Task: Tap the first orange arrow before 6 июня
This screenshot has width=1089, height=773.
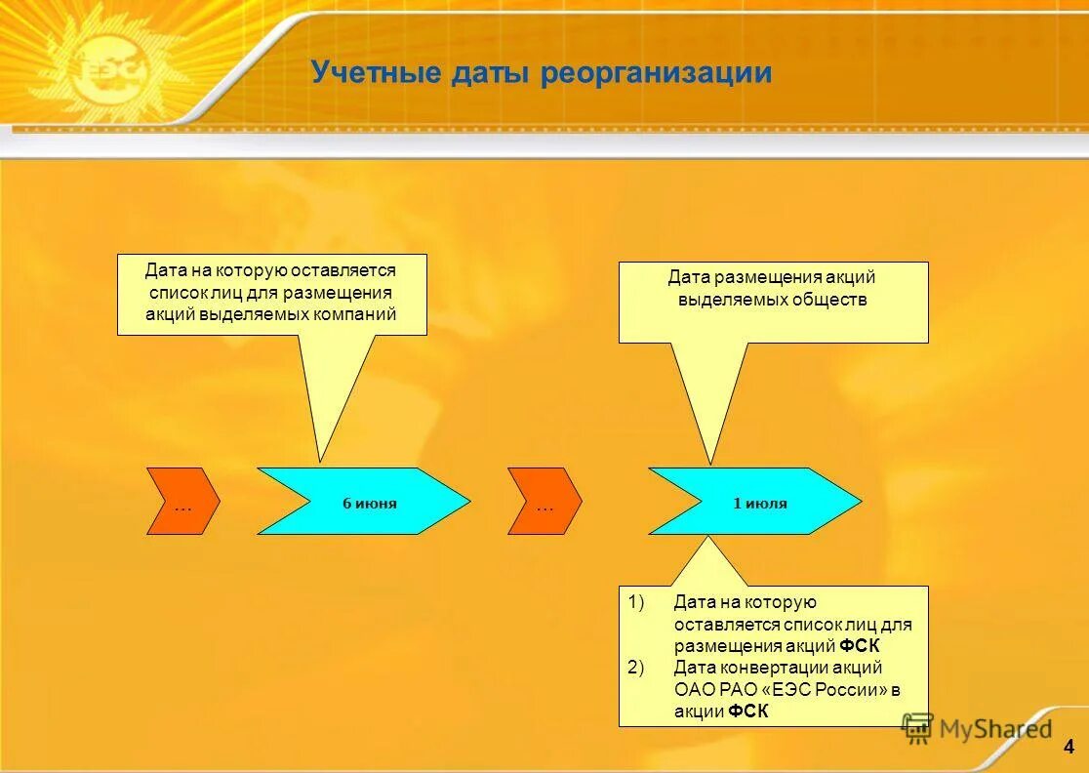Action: (x=182, y=502)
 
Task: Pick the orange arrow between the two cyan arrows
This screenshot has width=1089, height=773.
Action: (x=544, y=502)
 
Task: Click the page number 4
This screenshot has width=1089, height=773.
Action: (x=1069, y=749)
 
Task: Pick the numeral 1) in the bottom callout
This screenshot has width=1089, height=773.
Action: (x=637, y=602)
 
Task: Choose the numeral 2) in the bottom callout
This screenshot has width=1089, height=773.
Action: (x=637, y=668)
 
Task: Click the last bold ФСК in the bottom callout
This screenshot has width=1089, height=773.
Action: (x=748, y=712)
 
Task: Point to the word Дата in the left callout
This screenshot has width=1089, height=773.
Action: (x=165, y=269)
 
